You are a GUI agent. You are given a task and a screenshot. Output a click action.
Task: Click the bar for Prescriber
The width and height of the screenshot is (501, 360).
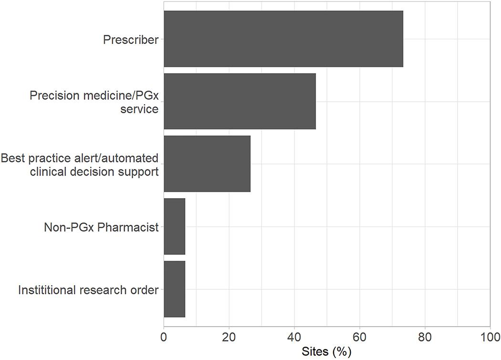(283, 39)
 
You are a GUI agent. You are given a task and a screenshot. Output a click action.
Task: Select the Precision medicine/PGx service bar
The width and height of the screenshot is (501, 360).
(240, 101)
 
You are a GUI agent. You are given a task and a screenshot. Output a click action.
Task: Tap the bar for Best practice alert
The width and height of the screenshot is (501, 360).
(207, 164)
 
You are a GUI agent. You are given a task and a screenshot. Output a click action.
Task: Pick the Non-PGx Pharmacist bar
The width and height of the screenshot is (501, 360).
(174, 226)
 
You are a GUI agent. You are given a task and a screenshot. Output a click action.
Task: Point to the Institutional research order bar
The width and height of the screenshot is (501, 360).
(174, 289)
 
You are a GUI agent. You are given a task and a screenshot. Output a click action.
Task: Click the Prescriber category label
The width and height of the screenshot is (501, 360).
(130, 40)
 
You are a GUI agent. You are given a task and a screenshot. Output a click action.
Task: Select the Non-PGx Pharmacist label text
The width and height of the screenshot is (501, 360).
(101, 227)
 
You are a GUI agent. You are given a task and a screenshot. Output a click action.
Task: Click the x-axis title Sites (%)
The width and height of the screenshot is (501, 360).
(327, 352)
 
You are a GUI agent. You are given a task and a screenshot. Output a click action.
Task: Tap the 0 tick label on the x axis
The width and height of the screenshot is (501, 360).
(164, 335)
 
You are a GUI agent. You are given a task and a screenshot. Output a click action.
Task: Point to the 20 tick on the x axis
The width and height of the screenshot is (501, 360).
(229, 335)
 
